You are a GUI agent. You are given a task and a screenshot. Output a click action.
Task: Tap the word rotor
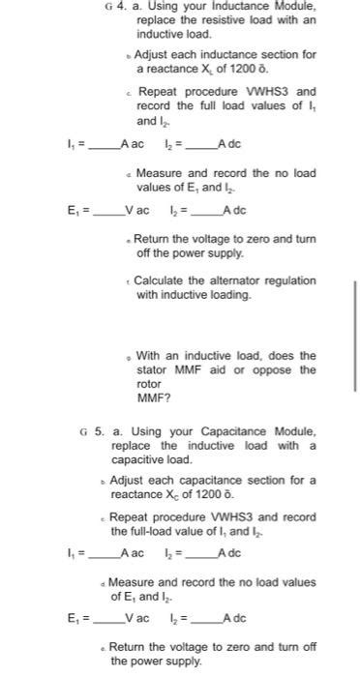point(149,384)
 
